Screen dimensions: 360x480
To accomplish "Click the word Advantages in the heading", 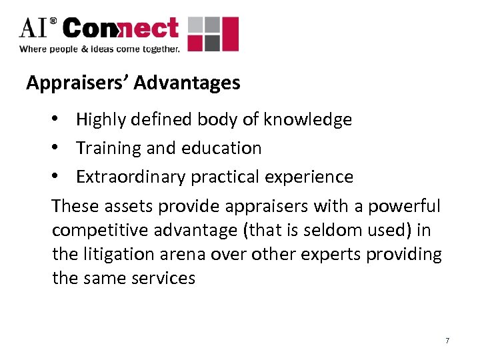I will [187, 83].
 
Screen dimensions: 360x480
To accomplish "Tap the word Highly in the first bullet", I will [100, 120].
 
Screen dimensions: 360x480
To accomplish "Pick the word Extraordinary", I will [131, 177].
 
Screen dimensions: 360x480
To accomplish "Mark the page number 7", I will [447, 341].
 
